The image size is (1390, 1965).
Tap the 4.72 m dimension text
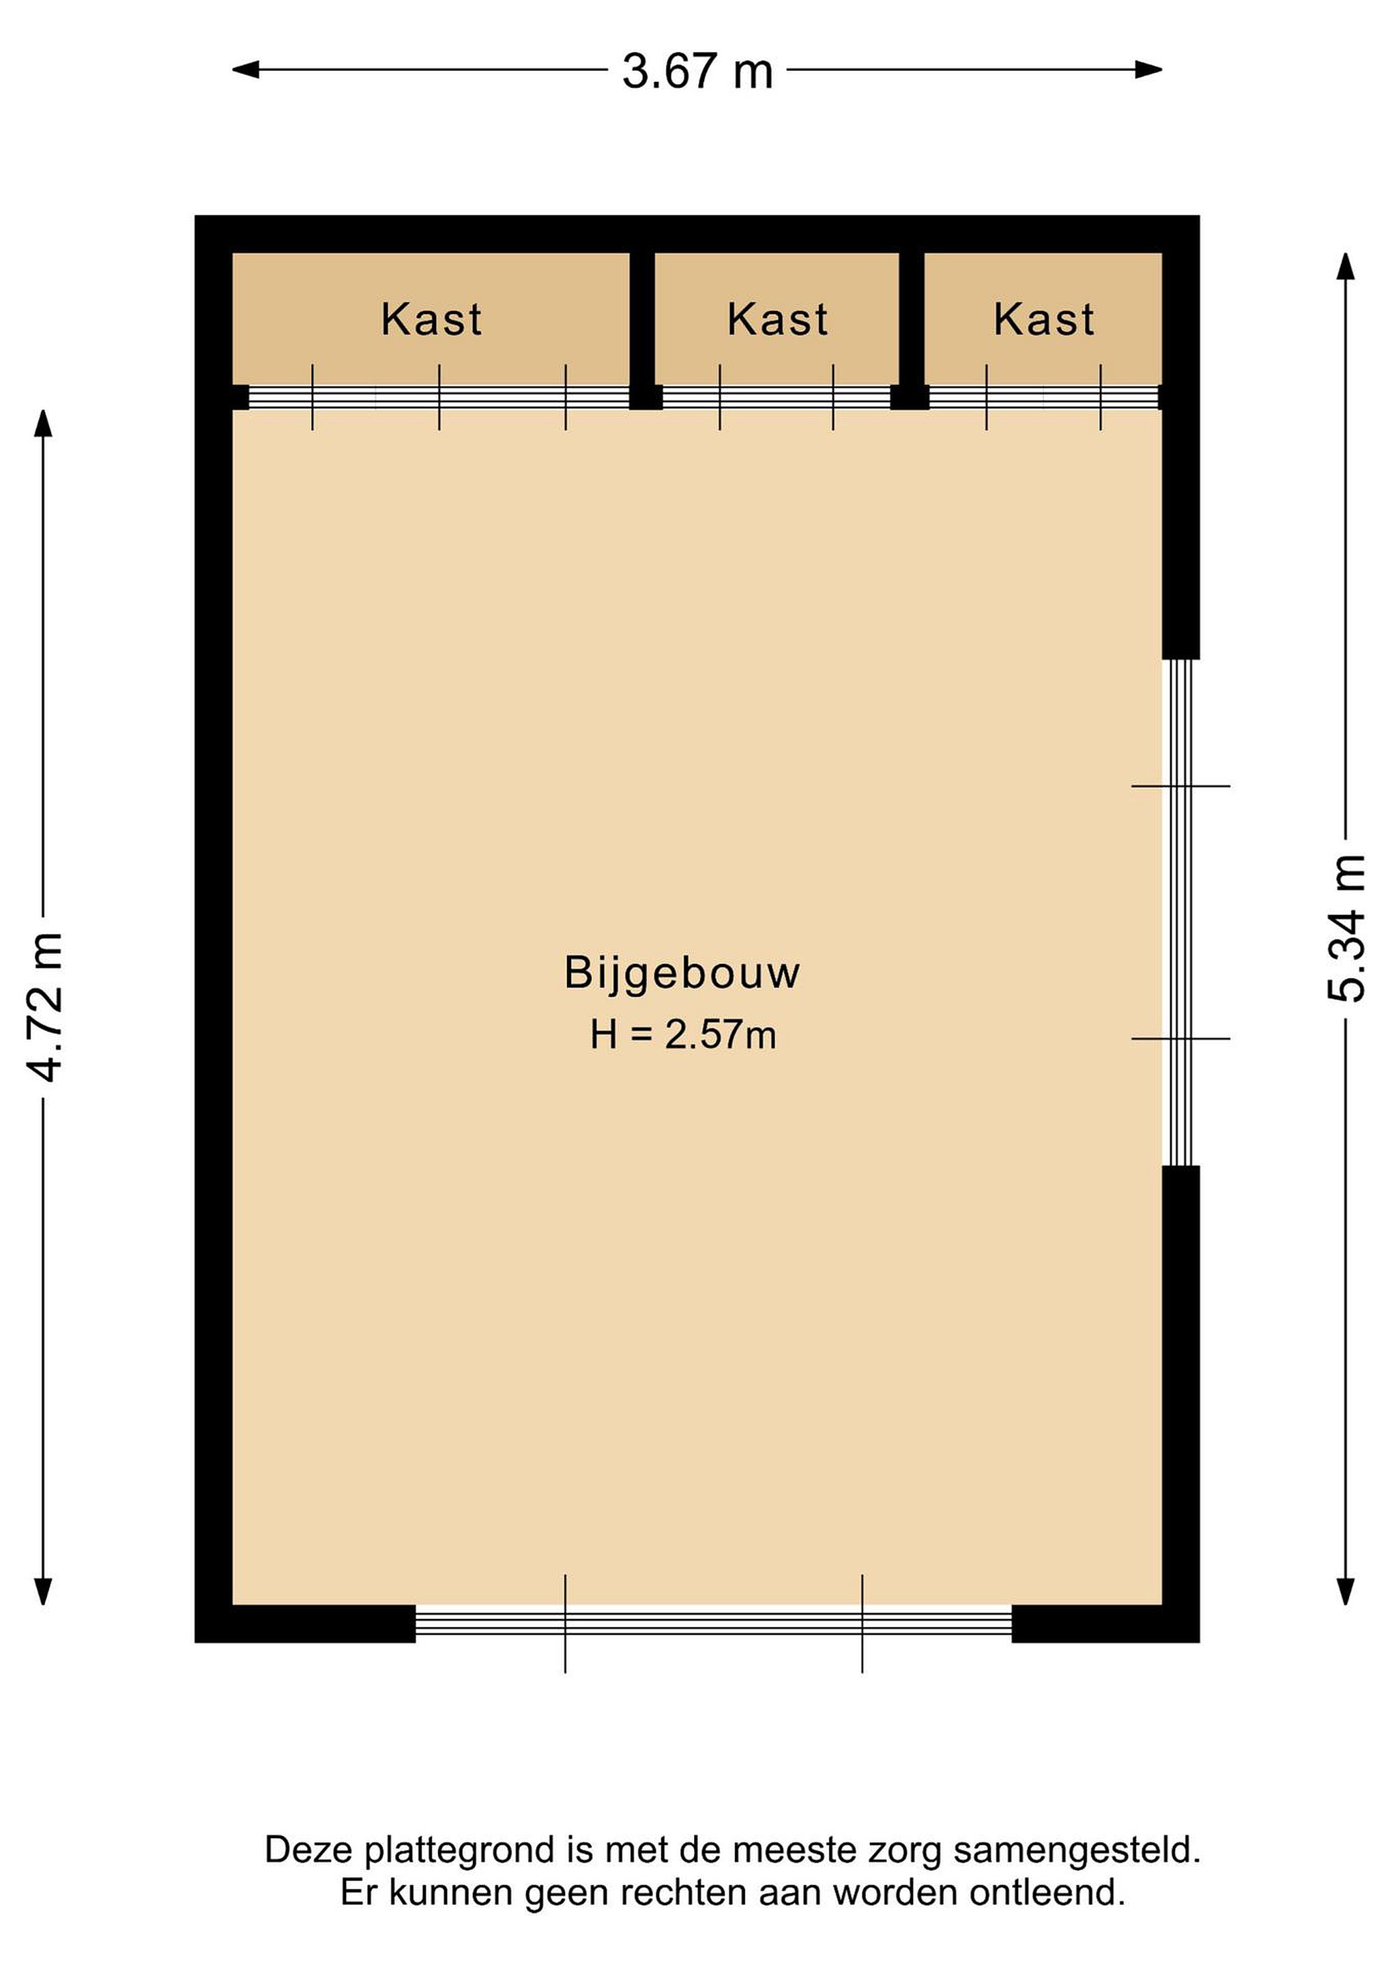(x=44, y=1007)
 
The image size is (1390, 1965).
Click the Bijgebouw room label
(x=682, y=973)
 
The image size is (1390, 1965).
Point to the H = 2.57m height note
(x=683, y=1035)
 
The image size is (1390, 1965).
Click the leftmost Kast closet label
(x=431, y=319)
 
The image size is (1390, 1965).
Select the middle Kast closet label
(x=777, y=319)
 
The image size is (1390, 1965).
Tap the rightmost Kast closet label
(x=1043, y=319)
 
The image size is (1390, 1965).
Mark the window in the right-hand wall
(x=1181, y=912)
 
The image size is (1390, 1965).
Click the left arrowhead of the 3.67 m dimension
(x=245, y=70)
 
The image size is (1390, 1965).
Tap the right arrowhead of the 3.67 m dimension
(x=1148, y=70)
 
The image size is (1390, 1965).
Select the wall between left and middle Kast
(x=643, y=330)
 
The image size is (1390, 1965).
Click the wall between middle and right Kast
(x=912, y=330)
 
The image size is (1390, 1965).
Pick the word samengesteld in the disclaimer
(x=1077, y=1850)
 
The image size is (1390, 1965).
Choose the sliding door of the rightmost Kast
(x=1043, y=397)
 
